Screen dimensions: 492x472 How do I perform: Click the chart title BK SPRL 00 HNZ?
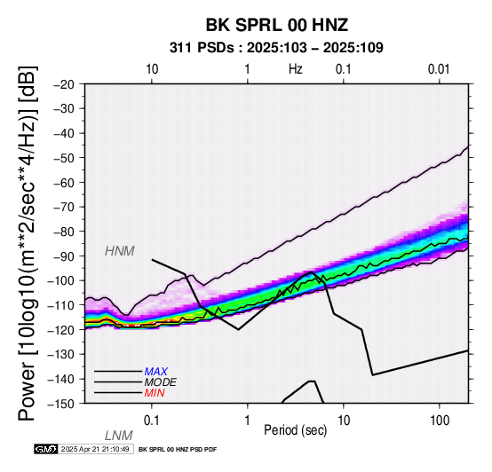click(277, 25)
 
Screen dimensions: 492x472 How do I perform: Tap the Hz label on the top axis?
click(295, 69)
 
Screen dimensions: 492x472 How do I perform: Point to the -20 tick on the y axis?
click(64, 84)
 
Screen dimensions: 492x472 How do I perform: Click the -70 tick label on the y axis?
click(64, 208)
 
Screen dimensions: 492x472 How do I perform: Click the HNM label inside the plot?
click(120, 251)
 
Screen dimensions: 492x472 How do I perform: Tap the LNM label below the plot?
click(119, 436)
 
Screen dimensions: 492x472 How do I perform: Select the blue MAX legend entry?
click(156, 372)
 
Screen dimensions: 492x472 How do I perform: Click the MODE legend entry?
click(161, 382)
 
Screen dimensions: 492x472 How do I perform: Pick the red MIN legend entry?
click(155, 393)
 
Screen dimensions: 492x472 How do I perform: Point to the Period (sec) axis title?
click(295, 430)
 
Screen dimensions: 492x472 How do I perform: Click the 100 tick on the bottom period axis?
click(440, 421)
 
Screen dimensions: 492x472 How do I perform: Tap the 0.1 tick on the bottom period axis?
click(152, 421)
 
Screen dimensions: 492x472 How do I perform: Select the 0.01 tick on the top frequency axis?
click(439, 69)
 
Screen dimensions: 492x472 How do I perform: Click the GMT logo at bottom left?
click(46, 449)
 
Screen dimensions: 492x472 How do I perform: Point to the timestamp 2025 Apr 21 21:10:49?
click(95, 450)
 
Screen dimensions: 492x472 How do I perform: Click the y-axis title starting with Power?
click(28, 243)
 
